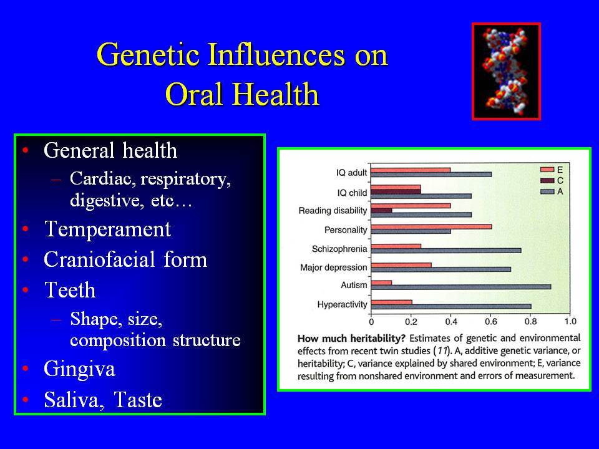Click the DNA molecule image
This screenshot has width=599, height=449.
click(506, 71)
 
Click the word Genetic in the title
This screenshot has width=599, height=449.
click(149, 55)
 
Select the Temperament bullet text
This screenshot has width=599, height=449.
click(108, 229)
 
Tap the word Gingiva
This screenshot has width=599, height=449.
click(79, 369)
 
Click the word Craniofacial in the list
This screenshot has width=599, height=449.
click(99, 259)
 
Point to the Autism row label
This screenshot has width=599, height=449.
click(354, 285)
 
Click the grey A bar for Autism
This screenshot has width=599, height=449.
click(461, 287)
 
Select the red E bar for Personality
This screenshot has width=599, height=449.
click(431, 227)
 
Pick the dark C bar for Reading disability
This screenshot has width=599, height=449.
click(382, 210)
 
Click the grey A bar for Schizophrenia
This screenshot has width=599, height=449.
click(446, 251)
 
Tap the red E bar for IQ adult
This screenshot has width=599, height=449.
click(411, 170)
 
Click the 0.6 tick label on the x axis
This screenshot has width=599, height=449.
click(491, 322)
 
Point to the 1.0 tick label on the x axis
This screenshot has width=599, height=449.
click(570, 322)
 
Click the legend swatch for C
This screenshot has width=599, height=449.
click(547, 181)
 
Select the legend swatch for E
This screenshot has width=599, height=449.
click(547, 170)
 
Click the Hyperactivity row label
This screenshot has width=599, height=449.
click(343, 304)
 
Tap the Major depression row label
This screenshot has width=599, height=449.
click(333, 268)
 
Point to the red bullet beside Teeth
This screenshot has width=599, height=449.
click(26, 290)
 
